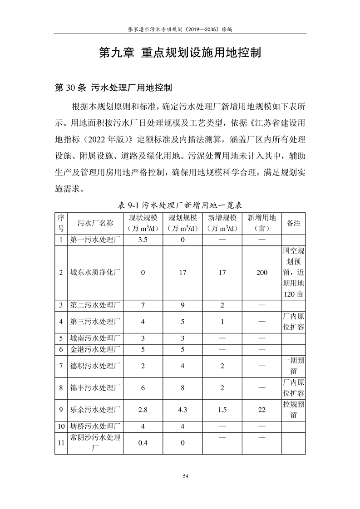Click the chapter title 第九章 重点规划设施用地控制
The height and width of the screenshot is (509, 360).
point(180,52)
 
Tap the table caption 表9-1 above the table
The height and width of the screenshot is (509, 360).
point(180,205)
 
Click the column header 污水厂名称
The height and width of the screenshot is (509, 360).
point(95,223)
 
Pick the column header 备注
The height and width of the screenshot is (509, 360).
point(294,223)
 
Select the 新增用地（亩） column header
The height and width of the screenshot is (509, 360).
point(262,223)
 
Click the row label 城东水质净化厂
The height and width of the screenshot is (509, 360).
point(95,273)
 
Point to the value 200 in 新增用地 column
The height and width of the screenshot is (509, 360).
point(262,273)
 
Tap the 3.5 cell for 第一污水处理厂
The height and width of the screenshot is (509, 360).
point(143,240)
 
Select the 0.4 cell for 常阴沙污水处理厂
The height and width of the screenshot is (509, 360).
point(143,443)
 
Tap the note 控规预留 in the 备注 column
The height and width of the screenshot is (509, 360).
point(294,409)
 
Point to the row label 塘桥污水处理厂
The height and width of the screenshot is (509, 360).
point(95,426)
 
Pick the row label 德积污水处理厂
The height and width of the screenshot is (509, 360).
point(95,366)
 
